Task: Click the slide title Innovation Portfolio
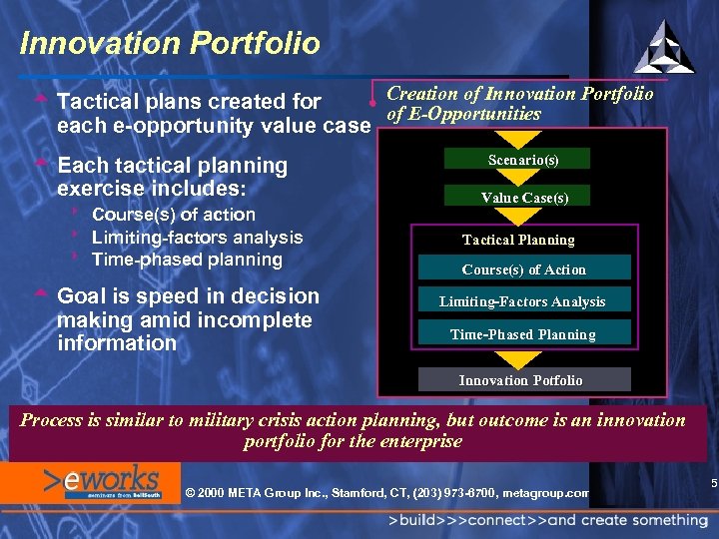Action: (x=170, y=44)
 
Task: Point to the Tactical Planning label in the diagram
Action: (x=517, y=240)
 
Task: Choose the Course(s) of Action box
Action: (x=523, y=269)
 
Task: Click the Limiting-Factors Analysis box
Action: (x=522, y=301)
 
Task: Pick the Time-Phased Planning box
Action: (x=522, y=334)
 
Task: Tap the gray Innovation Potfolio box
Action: (x=520, y=379)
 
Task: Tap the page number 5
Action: (x=713, y=484)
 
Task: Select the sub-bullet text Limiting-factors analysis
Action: (x=197, y=237)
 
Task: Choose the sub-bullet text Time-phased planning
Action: (x=187, y=260)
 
